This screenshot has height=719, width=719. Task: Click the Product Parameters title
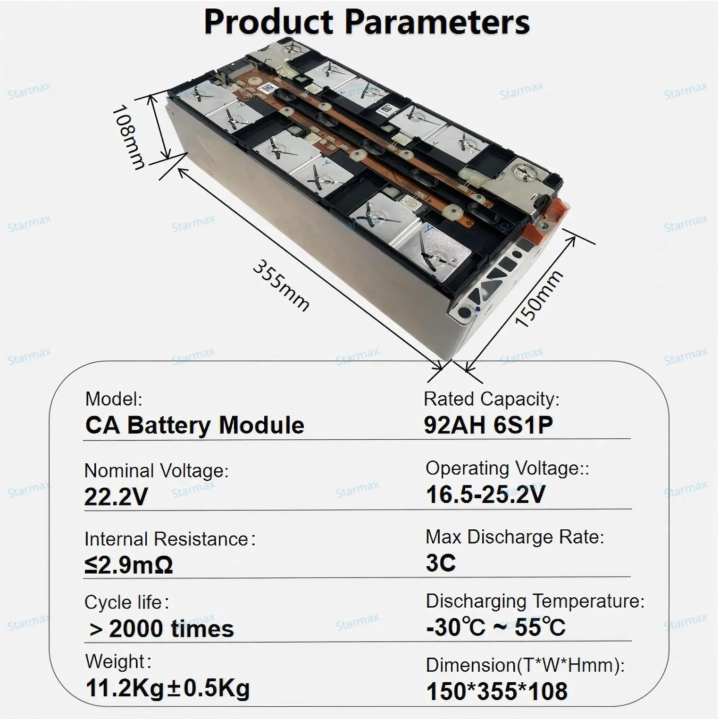(x=367, y=22)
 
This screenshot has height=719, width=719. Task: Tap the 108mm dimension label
(x=128, y=137)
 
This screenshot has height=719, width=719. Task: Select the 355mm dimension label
(x=281, y=285)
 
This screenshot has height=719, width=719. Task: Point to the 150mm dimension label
(x=538, y=299)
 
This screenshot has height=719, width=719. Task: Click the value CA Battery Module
(x=194, y=425)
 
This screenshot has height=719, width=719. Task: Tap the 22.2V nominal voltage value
(x=116, y=497)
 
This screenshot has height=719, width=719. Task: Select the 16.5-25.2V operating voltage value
(x=485, y=494)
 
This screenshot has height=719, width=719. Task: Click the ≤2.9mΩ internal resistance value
(x=129, y=565)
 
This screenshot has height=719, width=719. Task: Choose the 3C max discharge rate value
(x=441, y=562)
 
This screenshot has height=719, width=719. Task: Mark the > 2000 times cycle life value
(x=161, y=629)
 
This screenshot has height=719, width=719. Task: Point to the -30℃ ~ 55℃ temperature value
(x=495, y=627)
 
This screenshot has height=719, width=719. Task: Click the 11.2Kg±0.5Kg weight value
(x=167, y=688)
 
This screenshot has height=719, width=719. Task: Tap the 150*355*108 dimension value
(x=496, y=692)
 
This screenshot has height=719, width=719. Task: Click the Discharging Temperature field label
(x=535, y=601)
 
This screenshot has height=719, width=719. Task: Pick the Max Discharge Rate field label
(x=515, y=537)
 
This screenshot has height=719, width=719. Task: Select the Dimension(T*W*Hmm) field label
(x=525, y=665)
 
